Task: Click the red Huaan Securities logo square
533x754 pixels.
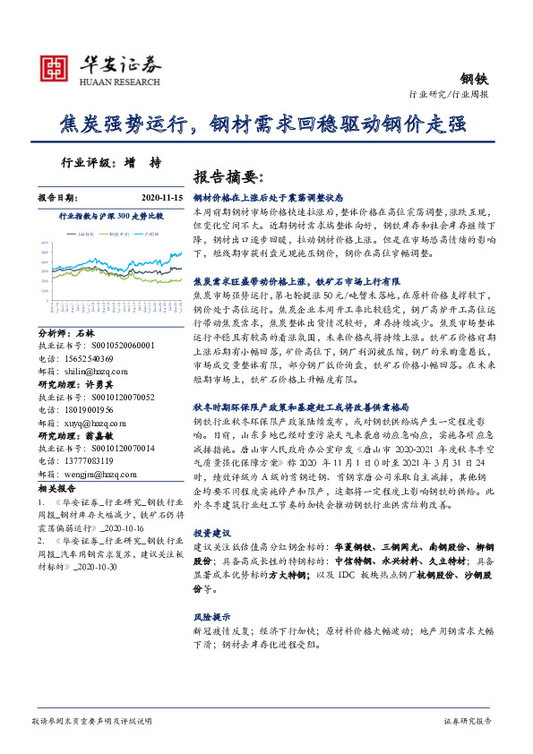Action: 54,67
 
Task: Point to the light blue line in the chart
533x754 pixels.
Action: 134,259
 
